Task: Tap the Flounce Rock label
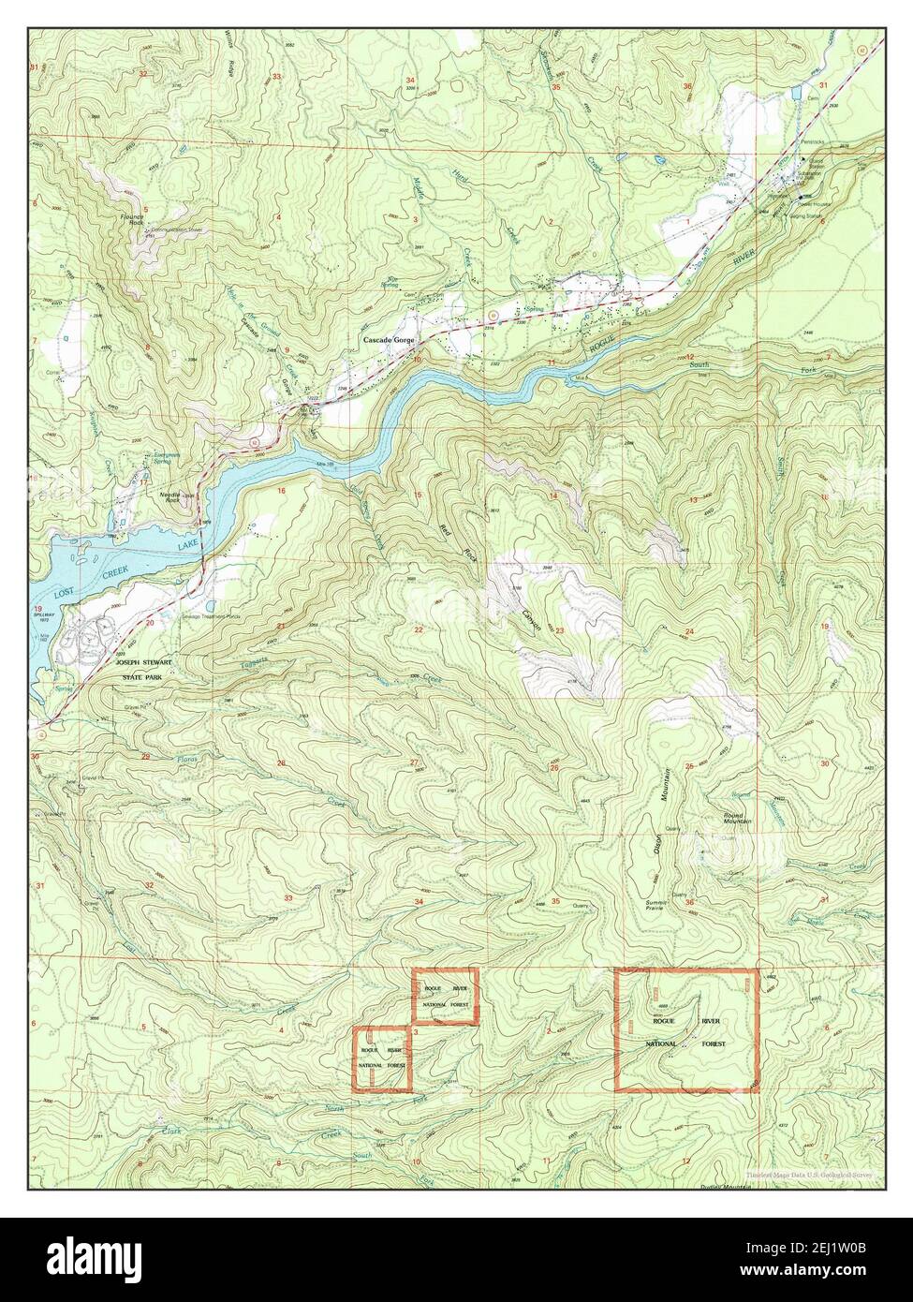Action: (x=137, y=221)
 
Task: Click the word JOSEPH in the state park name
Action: (x=131, y=659)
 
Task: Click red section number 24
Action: (x=689, y=633)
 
